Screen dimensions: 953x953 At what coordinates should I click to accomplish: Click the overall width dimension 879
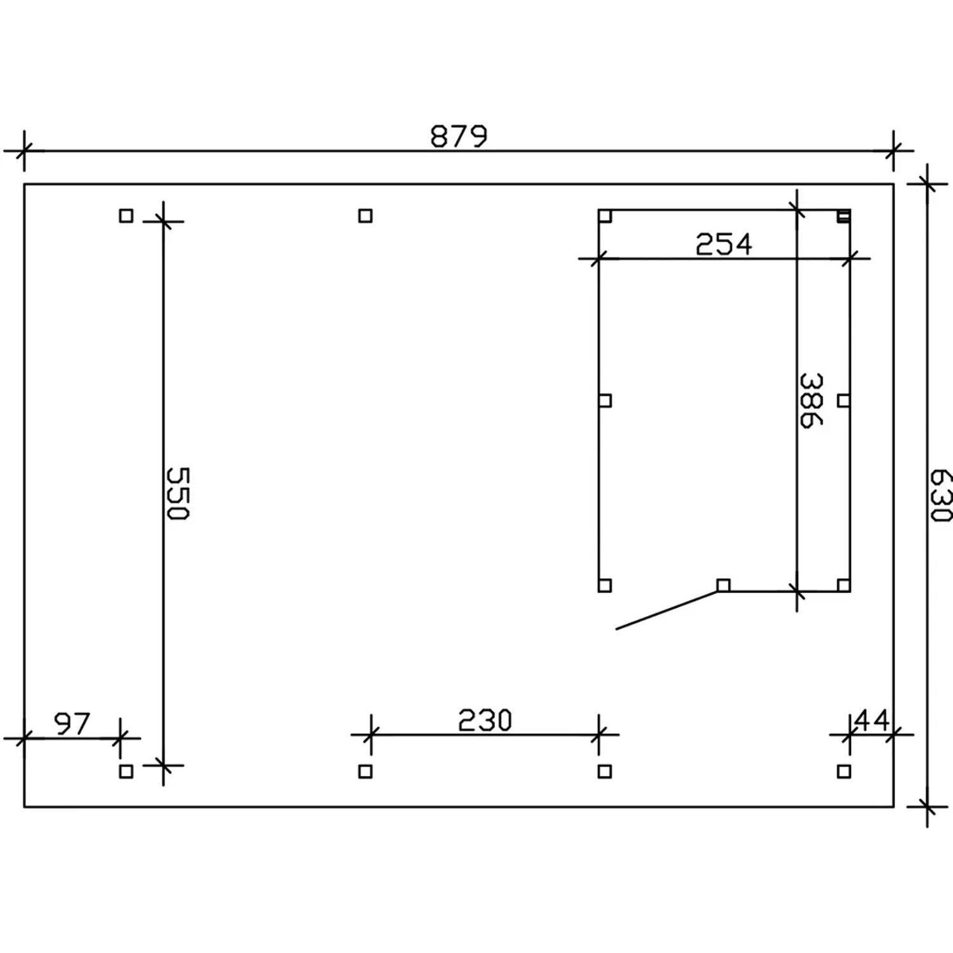[x=459, y=136]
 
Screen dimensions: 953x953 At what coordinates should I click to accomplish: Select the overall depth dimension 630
[x=940, y=495]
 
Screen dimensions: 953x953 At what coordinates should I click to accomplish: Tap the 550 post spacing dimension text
[x=177, y=494]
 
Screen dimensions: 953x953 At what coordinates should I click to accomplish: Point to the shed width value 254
[x=724, y=245]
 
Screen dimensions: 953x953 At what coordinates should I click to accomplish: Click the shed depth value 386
[x=811, y=400]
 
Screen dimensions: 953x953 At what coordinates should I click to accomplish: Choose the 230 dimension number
[x=485, y=720]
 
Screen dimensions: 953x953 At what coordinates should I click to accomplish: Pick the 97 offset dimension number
[x=72, y=724]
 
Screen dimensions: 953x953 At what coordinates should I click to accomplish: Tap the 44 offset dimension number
[x=872, y=720]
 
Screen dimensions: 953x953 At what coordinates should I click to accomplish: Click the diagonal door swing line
[x=667, y=610]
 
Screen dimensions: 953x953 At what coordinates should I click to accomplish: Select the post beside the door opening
[x=723, y=585]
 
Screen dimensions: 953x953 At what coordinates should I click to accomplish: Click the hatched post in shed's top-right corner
[x=843, y=216]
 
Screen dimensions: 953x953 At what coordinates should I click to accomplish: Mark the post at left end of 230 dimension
[x=365, y=771]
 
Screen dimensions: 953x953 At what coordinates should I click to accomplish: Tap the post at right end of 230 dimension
[x=605, y=771]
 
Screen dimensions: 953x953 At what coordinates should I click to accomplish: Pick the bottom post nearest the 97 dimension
[x=126, y=771]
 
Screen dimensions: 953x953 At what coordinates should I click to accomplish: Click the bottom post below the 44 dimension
[x=844, y=771]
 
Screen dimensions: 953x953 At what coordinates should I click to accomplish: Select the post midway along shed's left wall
[x=605, y=400]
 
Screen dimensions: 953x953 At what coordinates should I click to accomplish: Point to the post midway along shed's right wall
[x=844, y=400]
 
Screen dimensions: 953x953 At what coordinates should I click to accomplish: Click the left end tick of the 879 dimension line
[x=24, y=151]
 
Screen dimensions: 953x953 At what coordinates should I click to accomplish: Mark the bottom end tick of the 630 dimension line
[x=928, y=807]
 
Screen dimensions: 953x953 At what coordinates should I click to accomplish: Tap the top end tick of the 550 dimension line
[x=163, y=221]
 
